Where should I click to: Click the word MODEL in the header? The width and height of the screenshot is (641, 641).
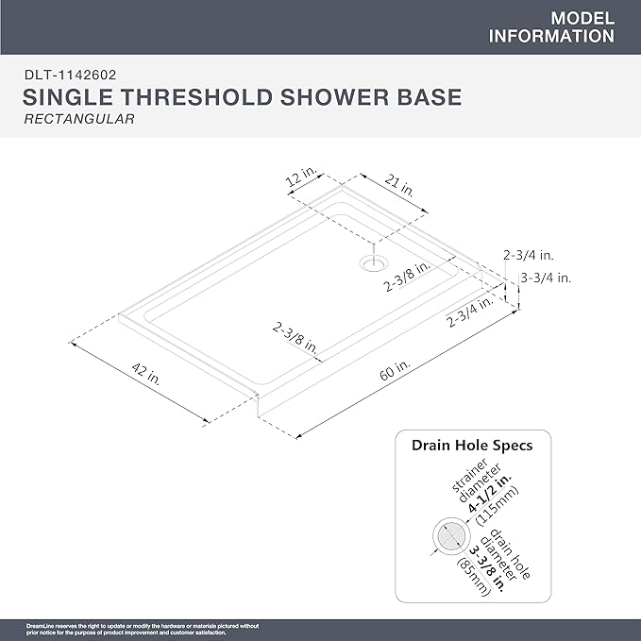tap(582, 19)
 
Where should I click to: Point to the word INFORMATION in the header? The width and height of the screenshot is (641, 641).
tap(552, 37)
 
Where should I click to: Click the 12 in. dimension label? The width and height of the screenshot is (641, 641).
tap(301, 178)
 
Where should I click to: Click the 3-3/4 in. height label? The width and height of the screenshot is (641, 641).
tap(545, 278)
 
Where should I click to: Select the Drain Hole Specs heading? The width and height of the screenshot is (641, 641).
tap(471, 445)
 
